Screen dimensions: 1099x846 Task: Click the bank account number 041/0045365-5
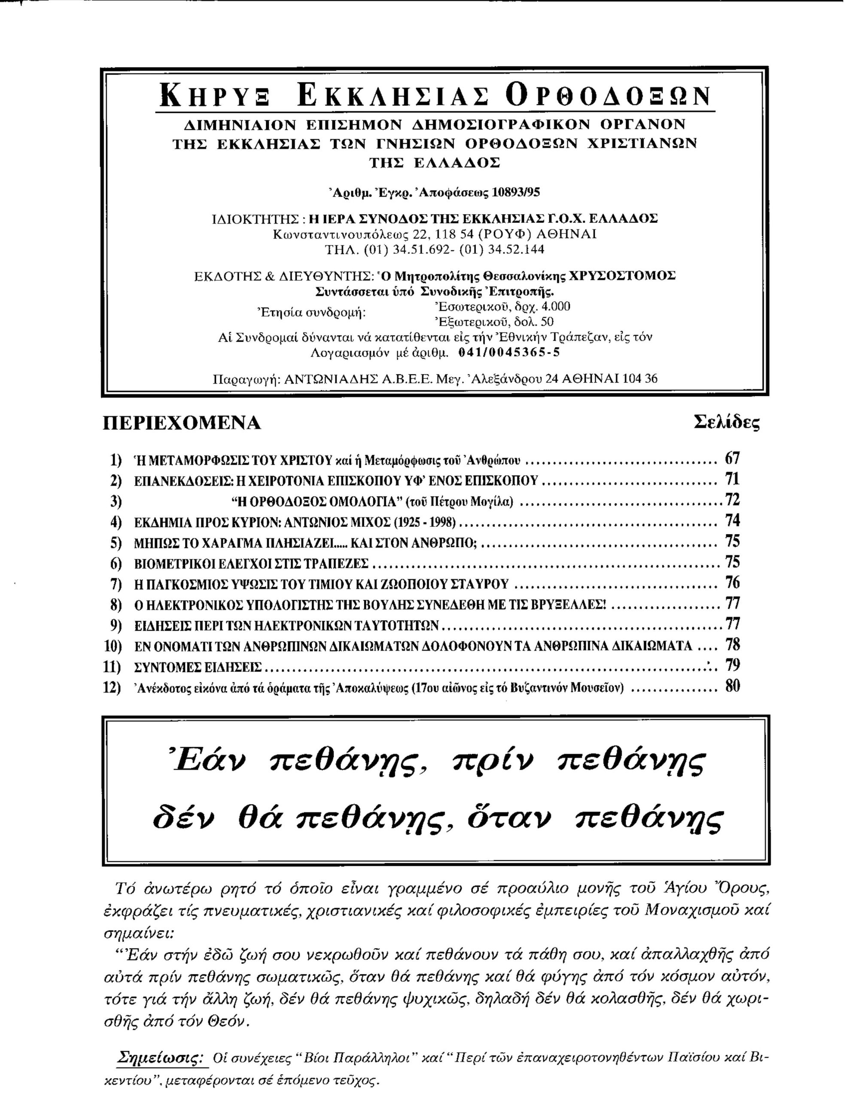509,353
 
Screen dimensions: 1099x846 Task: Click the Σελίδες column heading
726,423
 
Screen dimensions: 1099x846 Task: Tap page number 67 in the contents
732,458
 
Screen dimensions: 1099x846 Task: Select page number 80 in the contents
732,686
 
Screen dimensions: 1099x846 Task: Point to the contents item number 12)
112,687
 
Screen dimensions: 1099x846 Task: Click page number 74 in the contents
732,520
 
